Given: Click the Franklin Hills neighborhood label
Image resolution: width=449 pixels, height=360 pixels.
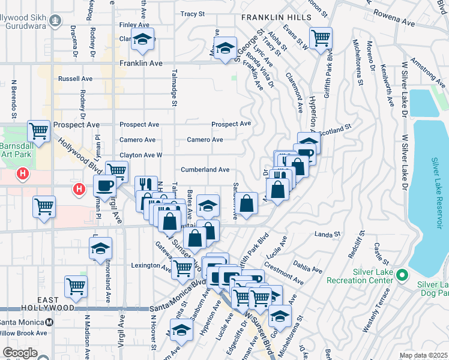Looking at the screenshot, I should pyautogui.click(x=267, y=19).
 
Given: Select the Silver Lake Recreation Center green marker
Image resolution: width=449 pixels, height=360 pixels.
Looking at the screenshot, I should pyautogui.click(x=403, y=275).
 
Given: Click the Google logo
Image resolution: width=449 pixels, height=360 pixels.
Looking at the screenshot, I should pyautogui.click(x=20, y=353).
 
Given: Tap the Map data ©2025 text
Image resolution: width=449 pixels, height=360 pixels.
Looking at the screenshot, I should pyautogui.click(x=423, y=355).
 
